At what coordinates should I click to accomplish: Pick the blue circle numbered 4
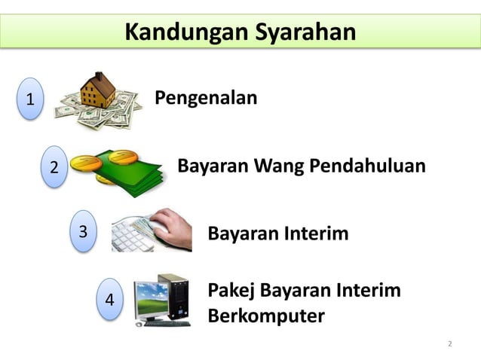tap(110, 299)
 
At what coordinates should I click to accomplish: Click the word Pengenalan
tap(206, 98)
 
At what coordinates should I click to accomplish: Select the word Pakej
tap(230, 290)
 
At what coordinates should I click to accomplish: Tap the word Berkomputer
tap(265, 315)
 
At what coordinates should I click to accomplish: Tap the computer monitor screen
tap(155, 295)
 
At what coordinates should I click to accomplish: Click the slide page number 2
tap(450, 344)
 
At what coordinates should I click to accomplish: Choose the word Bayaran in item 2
tap(207, 166)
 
